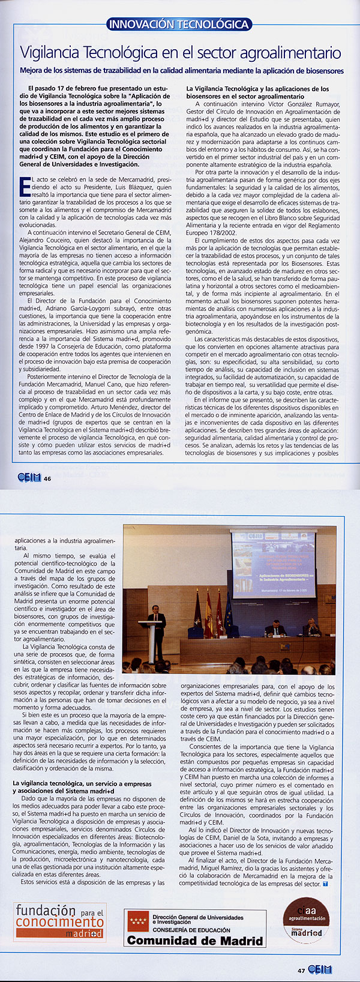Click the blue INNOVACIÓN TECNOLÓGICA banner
(178, 25)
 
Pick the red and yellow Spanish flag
(208, 615)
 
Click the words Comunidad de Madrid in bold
(194, 940)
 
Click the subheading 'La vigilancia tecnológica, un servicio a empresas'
(82, 783)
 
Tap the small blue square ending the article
(326, 884)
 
